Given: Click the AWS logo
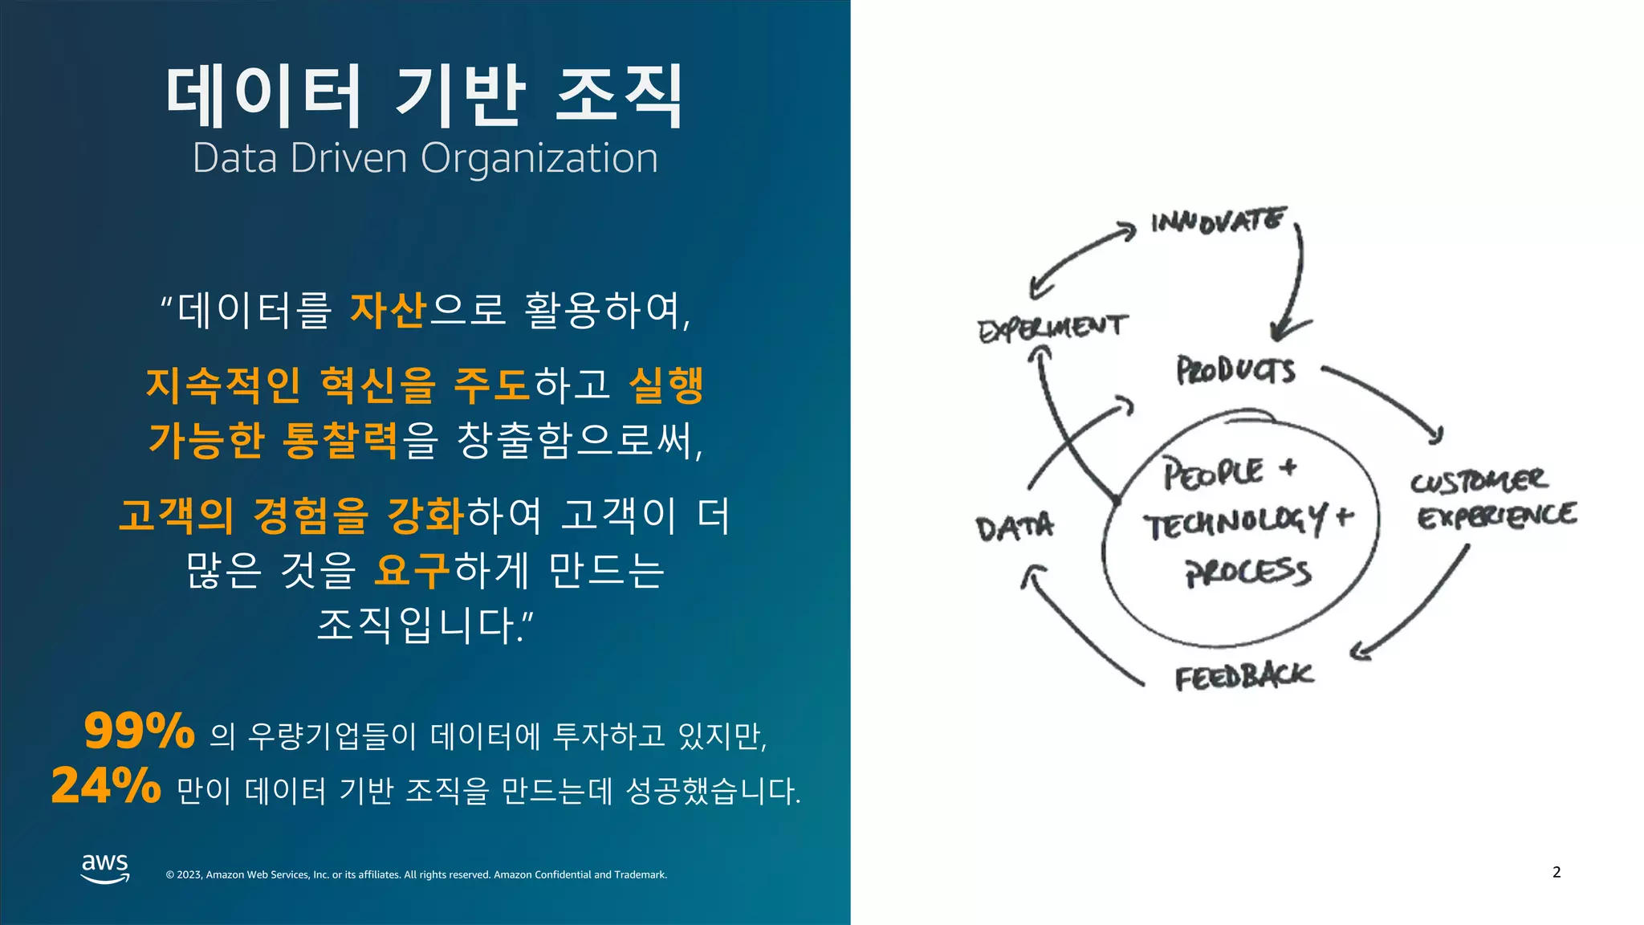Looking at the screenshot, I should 105,868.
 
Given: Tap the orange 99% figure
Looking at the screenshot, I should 140,731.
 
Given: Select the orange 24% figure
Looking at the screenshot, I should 106,785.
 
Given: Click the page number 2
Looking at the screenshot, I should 1557,872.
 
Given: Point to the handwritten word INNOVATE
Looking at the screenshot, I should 1218,220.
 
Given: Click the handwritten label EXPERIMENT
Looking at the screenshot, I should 1052,328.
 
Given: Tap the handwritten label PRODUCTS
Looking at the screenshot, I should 1235,370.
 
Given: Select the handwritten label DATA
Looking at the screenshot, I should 1015,528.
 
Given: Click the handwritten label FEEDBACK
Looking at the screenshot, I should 1243,677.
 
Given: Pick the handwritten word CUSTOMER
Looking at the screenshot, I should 1478,481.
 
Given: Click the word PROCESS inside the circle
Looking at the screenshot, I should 1248,572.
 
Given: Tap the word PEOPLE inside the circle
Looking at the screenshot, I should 1214,472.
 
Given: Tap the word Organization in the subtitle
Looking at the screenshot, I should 539,158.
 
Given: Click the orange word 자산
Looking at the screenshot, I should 388,310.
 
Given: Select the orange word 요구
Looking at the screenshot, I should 412,570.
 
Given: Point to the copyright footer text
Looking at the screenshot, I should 416,874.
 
